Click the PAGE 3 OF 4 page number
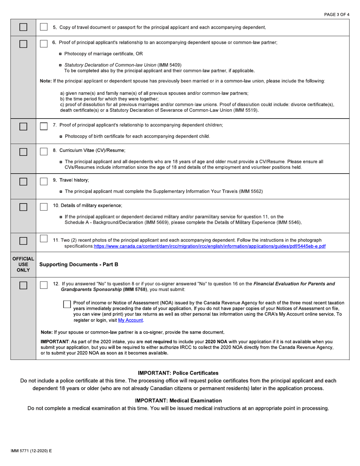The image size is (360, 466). pos(337,14)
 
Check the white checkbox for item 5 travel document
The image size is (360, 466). pos(44,28)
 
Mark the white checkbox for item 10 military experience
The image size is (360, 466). pos(44,206)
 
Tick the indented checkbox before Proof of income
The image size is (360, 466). pos(67,304)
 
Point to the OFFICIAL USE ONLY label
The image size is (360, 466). pos(23,264)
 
